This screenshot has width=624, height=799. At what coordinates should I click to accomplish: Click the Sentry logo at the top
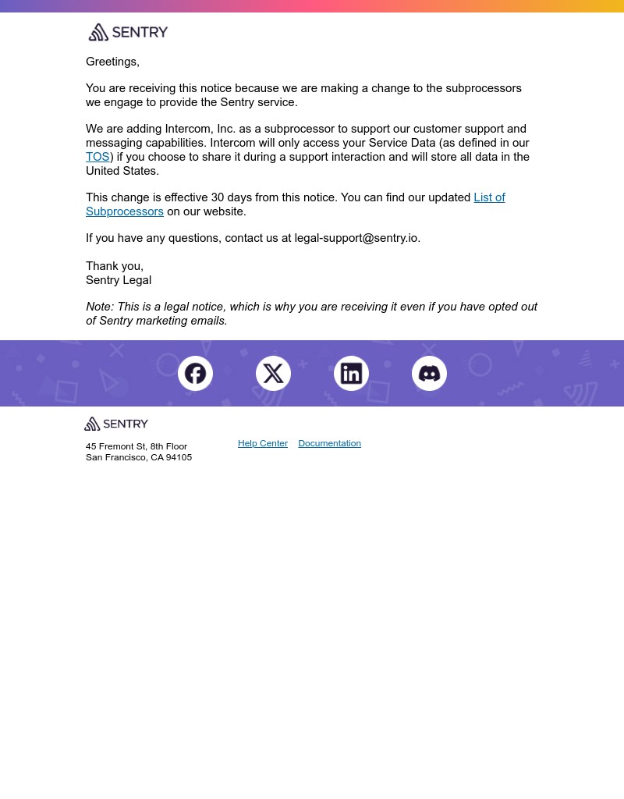pos(128,32)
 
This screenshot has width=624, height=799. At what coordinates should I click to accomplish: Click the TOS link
pos(97,157)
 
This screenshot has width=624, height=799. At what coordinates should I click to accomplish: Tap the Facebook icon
pos(195,374)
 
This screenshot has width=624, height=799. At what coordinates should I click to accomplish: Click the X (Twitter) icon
pos(273,374)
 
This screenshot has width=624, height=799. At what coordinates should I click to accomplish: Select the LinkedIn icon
pos(351,374)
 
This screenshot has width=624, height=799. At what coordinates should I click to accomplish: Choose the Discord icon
pos(429,374)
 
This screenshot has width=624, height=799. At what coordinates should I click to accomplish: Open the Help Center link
pos(262,443)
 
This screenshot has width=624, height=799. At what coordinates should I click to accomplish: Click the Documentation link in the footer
pos(329,443)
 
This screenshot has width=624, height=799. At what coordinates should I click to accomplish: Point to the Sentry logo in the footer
pos(116,424)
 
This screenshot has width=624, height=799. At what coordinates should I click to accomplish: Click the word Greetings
pos(112,62)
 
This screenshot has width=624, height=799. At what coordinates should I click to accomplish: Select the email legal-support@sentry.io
pos(356,238)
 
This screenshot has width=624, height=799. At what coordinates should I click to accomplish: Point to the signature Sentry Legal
pos(119,280)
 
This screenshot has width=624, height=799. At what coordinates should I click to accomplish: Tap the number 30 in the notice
pos(218,197)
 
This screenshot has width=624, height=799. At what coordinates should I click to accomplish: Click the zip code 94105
pos(179,457)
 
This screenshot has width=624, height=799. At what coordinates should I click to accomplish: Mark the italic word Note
pos(99,307)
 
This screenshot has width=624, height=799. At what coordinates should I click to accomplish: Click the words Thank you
pos(114,266)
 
